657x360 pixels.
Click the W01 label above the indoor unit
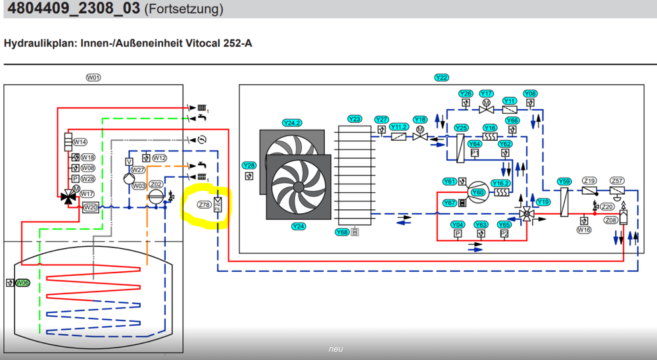(x=93, y=78)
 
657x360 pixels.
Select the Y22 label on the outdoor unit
(x=441, y=78)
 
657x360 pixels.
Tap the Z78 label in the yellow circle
(x=204, y=205)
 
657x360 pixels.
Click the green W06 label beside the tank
(x=22, y=283)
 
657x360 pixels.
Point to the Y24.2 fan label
(x=291, y=123)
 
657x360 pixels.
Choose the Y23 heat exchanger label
(x=354, y=119)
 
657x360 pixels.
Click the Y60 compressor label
(x=478, y=193)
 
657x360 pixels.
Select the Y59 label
(x=564, y=181)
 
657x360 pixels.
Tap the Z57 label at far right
(x=617, y=181)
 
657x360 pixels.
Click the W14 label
(x=80, y=142)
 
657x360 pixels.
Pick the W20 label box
(x=91, y=208)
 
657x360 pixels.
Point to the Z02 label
(x=156, y=184)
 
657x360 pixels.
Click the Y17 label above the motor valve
(x=486, y=94)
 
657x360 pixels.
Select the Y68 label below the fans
(x=342, y=232)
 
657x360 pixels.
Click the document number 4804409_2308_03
(x=71, y=9)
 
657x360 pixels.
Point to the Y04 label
(x=458, y=225)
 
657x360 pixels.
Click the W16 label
(x=583, y=230)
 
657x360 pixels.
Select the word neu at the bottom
(x=335, y=349)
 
